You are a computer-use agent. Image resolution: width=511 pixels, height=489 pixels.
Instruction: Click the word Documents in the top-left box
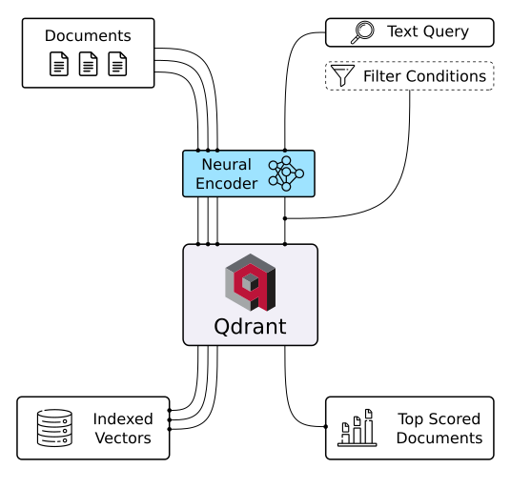pyautogui.click(x=88, y=36)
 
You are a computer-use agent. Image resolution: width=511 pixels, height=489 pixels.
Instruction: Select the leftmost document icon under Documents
pyautogui.click(x=59, y=66)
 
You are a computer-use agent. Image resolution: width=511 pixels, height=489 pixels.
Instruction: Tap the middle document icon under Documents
pyautogui.click(x=89, y=66)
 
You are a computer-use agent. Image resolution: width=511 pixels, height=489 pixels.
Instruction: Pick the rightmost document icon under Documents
pyautogui.click(x=117, y=66)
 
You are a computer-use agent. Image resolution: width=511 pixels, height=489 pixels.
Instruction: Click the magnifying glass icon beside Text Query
pyautogui.click(x=362, y=32)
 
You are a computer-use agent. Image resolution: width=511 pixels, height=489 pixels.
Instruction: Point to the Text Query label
pyautogui.click(x=427, y=32)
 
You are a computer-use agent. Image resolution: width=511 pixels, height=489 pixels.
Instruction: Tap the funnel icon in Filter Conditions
pyautogui.click(x=340, y=75)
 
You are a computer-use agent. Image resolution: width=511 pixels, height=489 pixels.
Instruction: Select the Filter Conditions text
pyautogui.click(x=424, y=75)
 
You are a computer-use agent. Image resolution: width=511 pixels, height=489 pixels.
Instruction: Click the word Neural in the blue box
pyautogui.click(x=226, y=165)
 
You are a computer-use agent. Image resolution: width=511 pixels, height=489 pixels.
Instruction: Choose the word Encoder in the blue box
pyautogui.click(x=226, y=183)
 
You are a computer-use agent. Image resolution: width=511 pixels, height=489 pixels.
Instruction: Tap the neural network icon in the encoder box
pyautogui.click(x=285, y=173)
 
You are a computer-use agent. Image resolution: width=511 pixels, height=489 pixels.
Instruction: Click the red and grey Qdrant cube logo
pyautogui.click(x=250, y=283)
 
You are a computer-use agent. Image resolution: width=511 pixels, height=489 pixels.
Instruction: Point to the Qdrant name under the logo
pyautogui.click(x=250, y=329)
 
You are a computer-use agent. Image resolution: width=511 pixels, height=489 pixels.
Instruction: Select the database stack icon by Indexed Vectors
pyautogui.click(x=54, y=428)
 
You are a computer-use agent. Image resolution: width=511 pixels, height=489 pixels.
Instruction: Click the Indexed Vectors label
pyautogui.click(x=122, y=428)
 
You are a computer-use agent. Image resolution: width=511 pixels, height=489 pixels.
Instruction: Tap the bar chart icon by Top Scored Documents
pyautogui.click(x=357, y=428)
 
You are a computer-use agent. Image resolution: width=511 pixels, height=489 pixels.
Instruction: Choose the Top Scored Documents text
pyautogui.click(x=439, y=428)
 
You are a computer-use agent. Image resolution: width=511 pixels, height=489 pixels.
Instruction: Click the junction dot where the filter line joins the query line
pyautogui.click(x=284, y=218)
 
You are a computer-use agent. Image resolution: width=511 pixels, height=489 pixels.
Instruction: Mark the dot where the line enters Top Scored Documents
pyautogui.click(x=326, y=426)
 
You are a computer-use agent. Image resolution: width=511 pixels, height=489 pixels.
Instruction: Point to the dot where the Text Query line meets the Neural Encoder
pyautogui.click(x=284, y=150)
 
